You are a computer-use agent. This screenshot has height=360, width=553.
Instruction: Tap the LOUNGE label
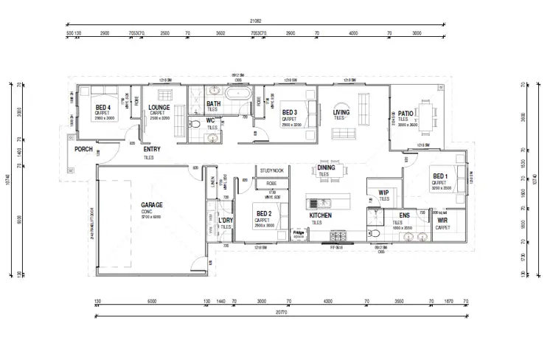(159, 108)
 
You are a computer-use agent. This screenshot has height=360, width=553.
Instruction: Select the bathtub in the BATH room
(237, 96)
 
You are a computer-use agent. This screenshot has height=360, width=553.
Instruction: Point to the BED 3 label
(290, 112)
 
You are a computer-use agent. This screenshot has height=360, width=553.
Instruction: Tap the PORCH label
(84, 149)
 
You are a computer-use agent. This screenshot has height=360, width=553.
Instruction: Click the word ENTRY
(153, 149)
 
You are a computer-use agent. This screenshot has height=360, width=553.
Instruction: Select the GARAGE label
(152, 204)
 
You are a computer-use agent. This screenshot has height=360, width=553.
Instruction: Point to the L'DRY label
(226, 221)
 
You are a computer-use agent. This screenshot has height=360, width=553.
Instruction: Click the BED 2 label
(265, 214)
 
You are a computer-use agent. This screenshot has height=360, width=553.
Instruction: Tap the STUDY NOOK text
(271, 170)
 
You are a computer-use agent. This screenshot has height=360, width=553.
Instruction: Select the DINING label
(327, 167)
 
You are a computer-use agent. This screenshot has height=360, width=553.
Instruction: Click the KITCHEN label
(320, 215)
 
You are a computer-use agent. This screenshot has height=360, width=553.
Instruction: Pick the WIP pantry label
(383, 193)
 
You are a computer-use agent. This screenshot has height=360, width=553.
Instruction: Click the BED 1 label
(440, 176)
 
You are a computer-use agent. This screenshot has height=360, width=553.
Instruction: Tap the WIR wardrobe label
(442, 221)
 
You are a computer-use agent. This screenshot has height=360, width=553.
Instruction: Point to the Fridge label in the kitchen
(299, 232)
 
